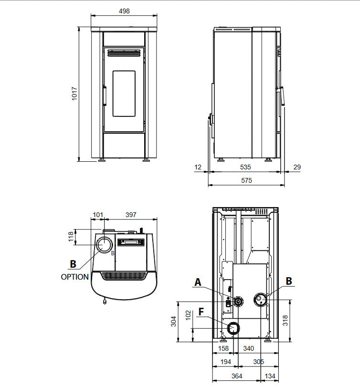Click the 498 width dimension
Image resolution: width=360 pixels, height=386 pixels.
124,11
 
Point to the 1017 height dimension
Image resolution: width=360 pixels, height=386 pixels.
74,94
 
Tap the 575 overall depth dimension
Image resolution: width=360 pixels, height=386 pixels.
246,180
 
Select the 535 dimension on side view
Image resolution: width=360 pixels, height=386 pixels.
245,167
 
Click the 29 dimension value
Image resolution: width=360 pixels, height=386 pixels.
297,167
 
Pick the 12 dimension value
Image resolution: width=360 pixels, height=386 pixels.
198,167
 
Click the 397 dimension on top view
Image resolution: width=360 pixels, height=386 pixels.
131,215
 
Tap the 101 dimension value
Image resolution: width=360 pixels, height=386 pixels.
98,215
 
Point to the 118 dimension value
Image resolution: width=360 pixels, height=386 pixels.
71,237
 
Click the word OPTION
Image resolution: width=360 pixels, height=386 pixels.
74,277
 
